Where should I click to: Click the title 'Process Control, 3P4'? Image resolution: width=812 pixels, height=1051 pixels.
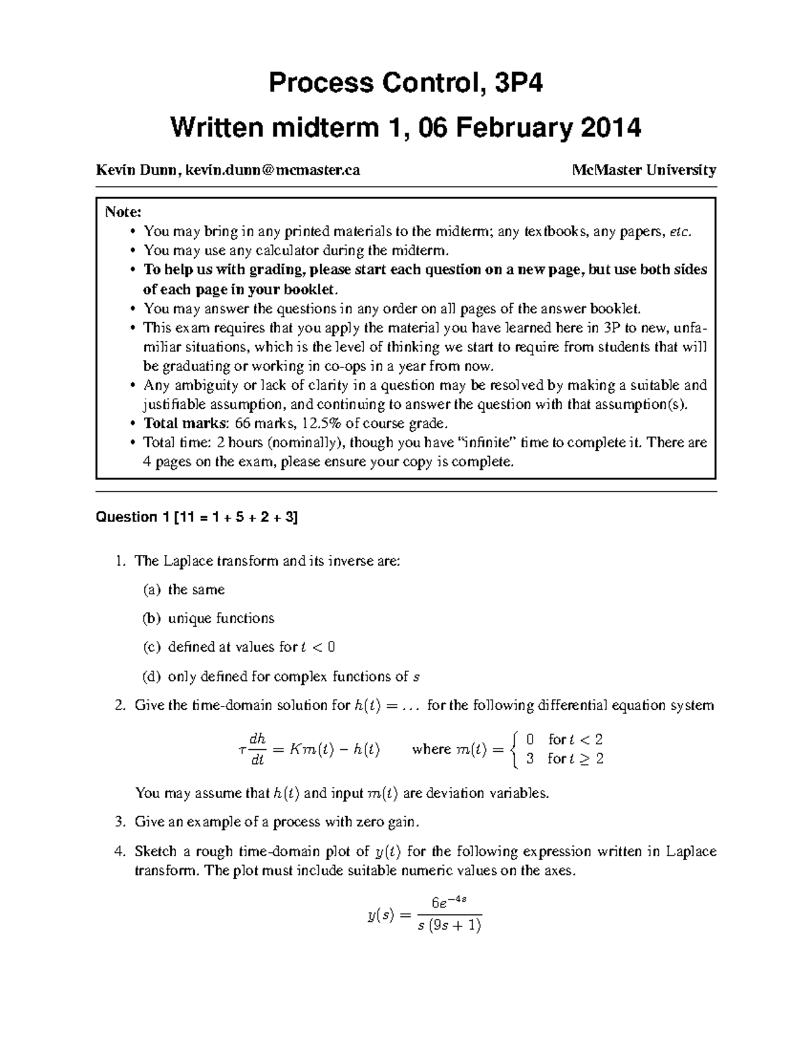point(405,84)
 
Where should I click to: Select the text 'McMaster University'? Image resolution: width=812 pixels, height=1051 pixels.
point(644,170)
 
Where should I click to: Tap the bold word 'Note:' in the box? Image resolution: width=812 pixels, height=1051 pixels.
point(123,212)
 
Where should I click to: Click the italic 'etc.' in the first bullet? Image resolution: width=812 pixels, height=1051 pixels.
point(681,232)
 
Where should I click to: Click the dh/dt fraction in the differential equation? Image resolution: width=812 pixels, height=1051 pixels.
point(257,749)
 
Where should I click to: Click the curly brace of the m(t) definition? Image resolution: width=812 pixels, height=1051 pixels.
point(516,749)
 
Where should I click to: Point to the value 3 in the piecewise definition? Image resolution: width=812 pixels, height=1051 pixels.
point(530,759)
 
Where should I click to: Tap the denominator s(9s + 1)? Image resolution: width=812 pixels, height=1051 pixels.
point(449,925)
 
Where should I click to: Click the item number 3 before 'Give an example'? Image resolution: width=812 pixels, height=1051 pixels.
point(119,822)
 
